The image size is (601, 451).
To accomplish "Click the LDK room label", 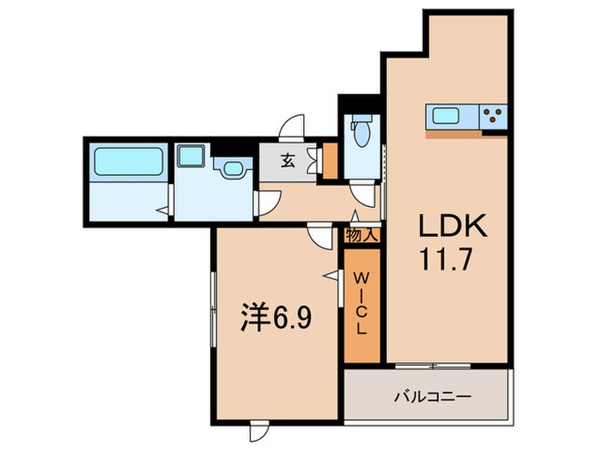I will (452, 227).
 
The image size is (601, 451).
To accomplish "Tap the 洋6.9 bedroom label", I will (274, 319).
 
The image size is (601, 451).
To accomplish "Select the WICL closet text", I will (361, 305).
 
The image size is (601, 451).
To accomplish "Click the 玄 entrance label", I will (288, 158).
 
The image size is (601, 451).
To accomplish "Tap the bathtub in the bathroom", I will (128, 162).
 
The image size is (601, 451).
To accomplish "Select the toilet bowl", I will (360, 134).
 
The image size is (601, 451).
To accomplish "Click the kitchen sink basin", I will (446, 116).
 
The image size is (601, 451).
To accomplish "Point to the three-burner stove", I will (494, 116).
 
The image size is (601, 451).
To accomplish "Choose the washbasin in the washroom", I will (230, 168).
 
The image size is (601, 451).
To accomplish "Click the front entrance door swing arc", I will (294, 126).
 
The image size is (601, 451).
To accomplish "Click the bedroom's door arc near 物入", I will (320, 235).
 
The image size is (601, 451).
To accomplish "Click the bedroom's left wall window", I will (211, 308).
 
